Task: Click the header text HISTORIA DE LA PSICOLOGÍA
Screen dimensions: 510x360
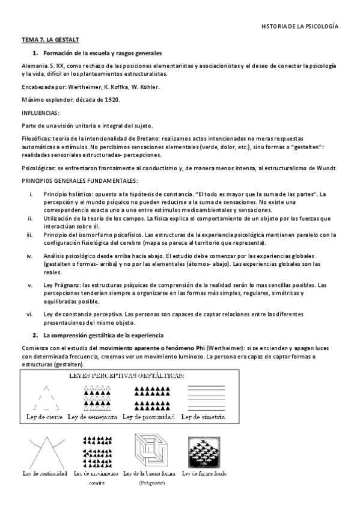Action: [x=300, y=27]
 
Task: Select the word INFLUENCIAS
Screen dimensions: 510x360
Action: [x=40, y=112]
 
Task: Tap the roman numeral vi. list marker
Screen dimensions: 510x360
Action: [x=29, y=313]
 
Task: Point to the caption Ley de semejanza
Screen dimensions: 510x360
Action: [x=93, y=417]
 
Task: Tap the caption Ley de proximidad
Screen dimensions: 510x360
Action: [x=148, y=417]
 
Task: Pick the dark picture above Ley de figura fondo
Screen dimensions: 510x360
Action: [x=204, y=453]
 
